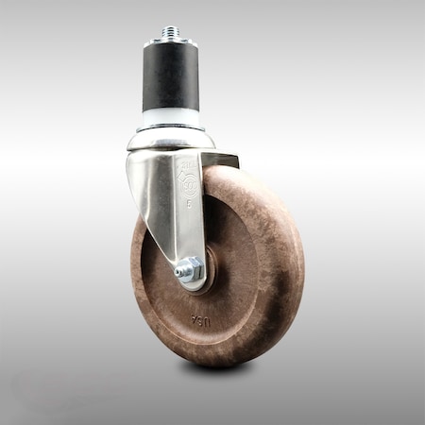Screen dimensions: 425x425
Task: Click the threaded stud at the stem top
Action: coord(170,33)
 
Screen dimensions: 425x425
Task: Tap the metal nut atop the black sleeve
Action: coord(170,43)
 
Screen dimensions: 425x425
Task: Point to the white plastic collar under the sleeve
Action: coord(171,118)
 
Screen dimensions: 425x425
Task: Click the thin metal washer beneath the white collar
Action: coord(171,129)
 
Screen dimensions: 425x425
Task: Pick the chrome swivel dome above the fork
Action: coord(170,141)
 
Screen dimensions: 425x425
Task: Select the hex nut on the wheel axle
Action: coord(189,271)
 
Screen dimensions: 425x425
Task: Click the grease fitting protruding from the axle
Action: coord(178,273)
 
